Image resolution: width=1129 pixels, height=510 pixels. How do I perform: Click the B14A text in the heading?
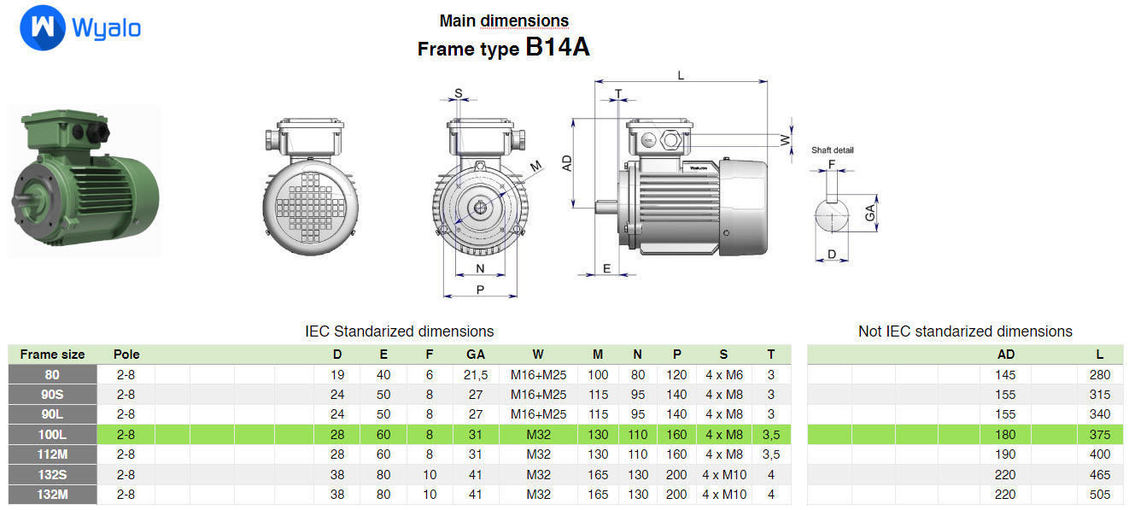point(557,47)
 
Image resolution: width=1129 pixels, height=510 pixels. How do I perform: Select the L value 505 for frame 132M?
point(1100,494)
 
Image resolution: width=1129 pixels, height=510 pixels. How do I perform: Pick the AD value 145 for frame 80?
point(1005,374)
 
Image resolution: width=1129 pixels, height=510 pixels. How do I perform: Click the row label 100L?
point(52,434)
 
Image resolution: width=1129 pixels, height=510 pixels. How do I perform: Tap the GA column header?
point(476,354)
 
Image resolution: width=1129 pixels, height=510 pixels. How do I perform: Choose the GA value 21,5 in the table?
point(476,374)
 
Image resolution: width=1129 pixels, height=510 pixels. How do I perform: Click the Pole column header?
point(126,354)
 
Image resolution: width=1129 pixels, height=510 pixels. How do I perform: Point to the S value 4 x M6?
point(724,374)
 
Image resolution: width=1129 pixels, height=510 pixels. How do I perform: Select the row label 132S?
point(52,474)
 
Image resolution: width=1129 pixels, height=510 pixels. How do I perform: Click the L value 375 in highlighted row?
point(1100,434)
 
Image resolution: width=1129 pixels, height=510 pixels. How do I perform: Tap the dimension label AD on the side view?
point(568,163)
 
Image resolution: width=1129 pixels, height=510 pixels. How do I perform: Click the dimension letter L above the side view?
point(681,75)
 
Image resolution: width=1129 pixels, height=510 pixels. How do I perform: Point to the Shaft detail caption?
point(832,150)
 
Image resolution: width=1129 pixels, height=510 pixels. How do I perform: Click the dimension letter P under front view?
point(480,289)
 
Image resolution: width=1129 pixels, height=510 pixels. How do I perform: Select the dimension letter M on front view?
point(535,166)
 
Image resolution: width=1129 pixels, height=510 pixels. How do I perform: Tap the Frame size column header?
point(52,354)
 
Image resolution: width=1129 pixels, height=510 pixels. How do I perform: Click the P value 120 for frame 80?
point(676,374)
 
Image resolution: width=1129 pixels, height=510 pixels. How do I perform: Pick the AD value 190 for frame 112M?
point(1005,454)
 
